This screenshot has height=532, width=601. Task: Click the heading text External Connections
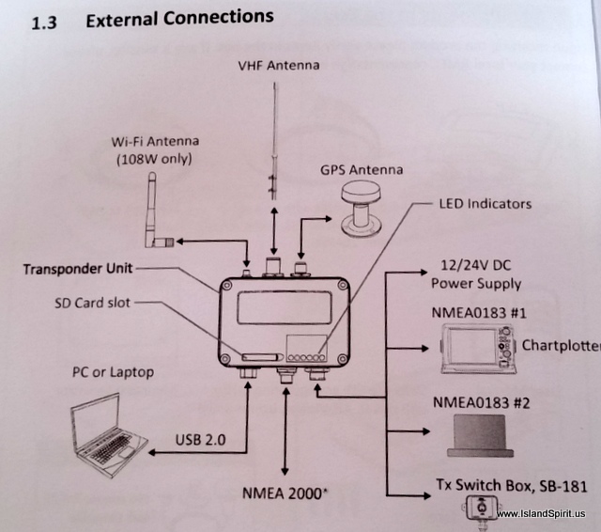click(x=179, y=17)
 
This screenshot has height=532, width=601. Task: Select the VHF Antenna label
click(x=280, y=66)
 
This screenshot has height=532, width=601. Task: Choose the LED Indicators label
click(x=485, y=203)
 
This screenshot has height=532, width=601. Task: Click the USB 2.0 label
click(x=202, y=438)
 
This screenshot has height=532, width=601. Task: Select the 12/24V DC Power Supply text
click(x=475, y=274)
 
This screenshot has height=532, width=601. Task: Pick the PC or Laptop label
click(x=114, y=371)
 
